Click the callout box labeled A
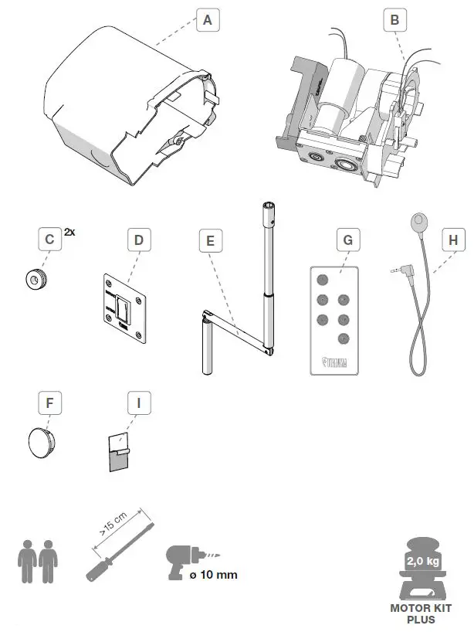(x=205, y=21)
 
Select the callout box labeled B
(x=394, y=21)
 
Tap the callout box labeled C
(x=49, y=240)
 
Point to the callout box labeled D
(x=139, y=240)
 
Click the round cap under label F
(x=41, y=443)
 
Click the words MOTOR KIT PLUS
(x=422, y=613)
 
